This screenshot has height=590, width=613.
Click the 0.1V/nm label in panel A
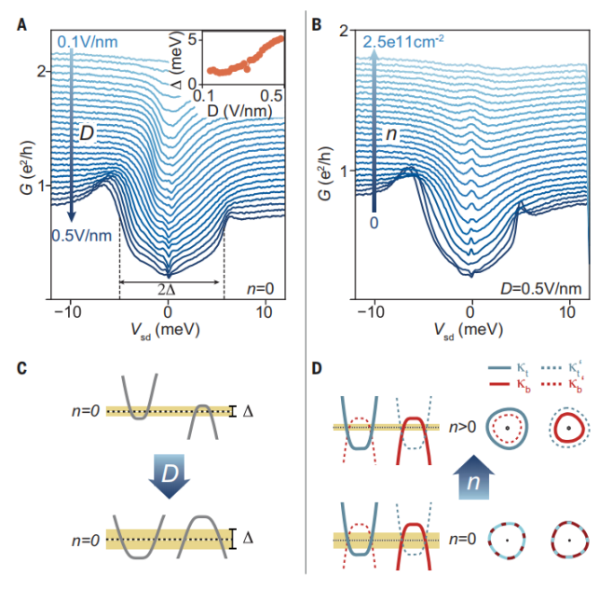pyautogui.click(x=88, y=42)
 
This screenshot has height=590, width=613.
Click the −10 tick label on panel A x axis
pyautogui.click(x=69, y=313)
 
